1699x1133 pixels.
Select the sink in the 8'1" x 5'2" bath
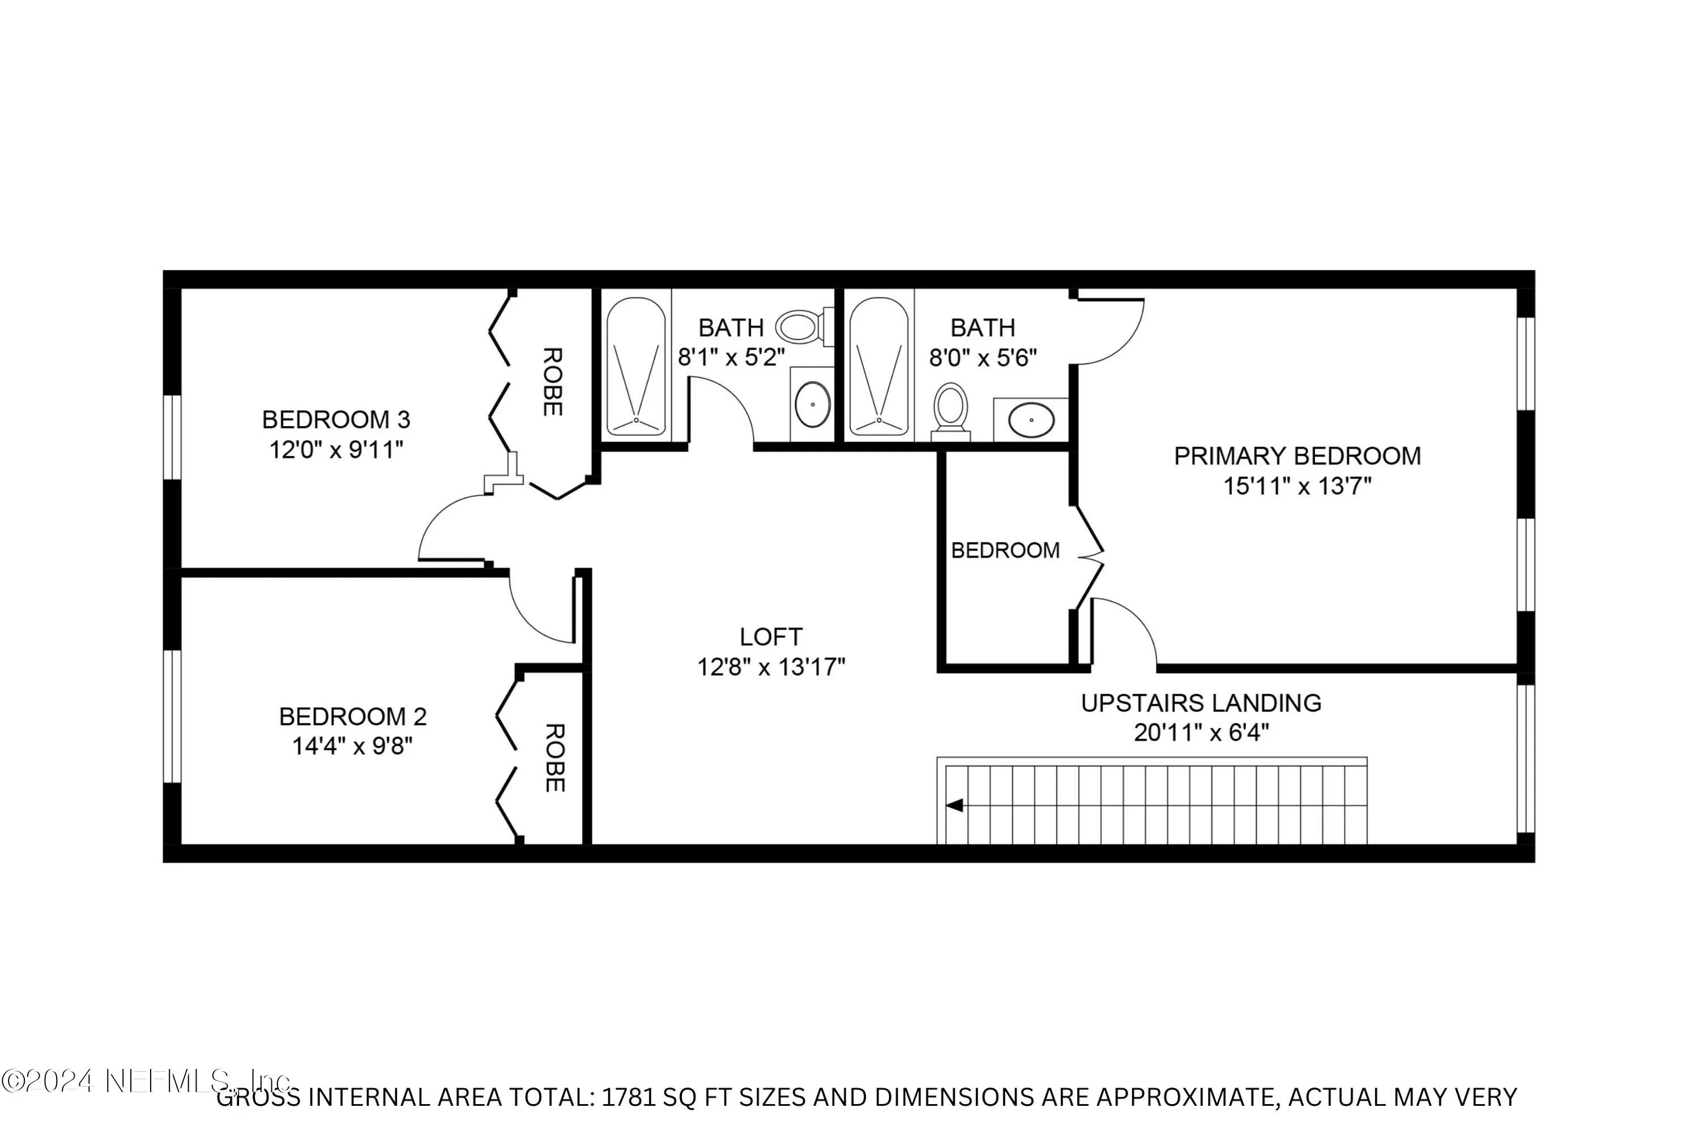pos(813,404)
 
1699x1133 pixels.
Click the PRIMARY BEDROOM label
pos(1297,456)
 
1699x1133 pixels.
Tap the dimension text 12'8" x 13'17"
pos(771,666)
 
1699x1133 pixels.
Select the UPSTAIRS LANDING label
pos(1201,702)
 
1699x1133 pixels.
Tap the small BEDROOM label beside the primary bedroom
pos(1005,551)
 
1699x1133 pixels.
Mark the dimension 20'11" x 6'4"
pos(1201,732)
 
